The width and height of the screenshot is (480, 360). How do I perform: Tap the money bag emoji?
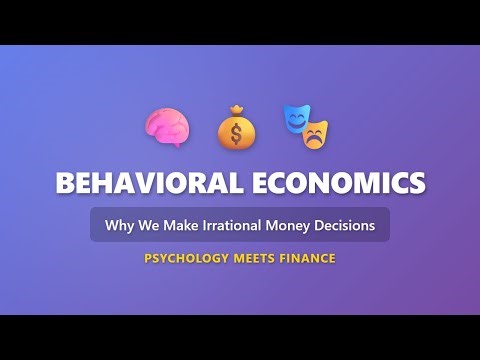pyautogui.click(x=238, y=126)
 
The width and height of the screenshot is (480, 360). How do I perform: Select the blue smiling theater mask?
pyautogui.click(x=296, y=119)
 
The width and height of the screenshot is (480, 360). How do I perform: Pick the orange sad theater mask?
pyautogui.click(x=318, y=133)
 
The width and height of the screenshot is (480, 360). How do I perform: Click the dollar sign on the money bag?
pyautogui.click(x=238, y=132)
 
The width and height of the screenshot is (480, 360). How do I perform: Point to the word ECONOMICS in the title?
pyautogui.click(x=337, y=184)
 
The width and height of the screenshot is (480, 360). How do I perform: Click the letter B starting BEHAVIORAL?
pyautogui.click(x=63, y=184)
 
